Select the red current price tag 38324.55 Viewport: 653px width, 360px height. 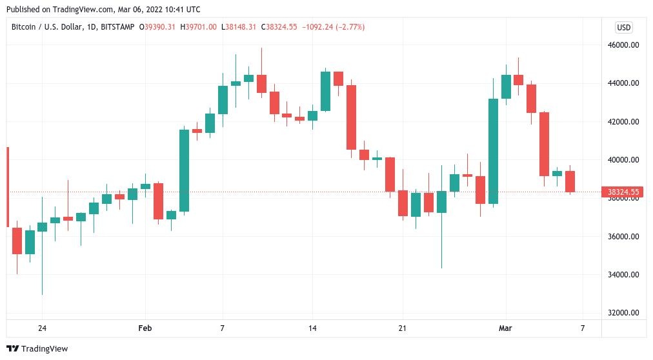(623, 192)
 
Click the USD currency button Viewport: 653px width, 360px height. (623, 27)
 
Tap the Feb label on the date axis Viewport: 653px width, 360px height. (145, 328)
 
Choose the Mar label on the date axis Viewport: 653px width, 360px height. (506, 328)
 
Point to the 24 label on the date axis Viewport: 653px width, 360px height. (42, 328)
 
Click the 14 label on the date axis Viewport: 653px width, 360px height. (312, 328)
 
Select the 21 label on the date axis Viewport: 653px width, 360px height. (403, 328)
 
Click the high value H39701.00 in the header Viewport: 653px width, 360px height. (199, 27)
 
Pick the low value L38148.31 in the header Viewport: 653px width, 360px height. (239, 27)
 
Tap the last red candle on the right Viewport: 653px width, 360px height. (570, 181)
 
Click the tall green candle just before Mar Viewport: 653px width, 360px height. (493, 151)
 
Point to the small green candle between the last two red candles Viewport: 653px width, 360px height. (557, 173)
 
